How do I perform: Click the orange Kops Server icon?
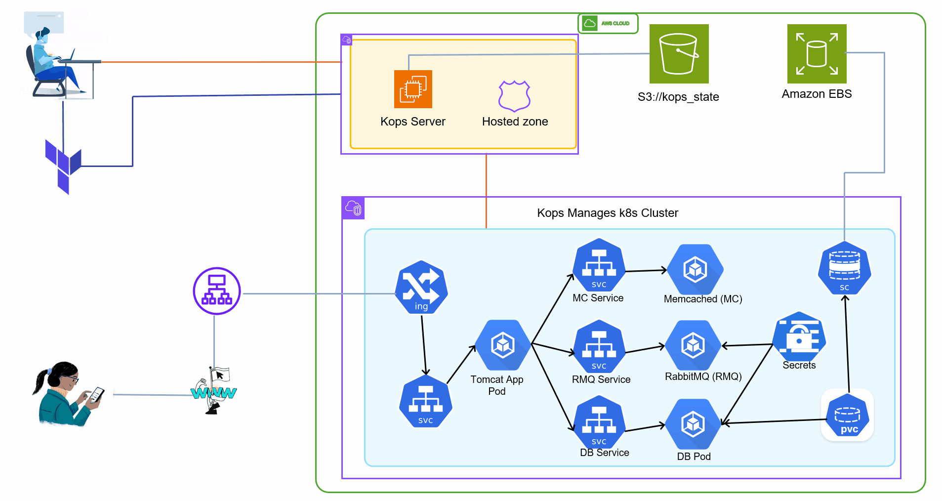tap(413, 89)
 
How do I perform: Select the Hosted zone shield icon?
tap(514, 96)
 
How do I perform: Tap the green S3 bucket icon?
tap(679, 54)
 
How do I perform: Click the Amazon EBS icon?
tap(817, 54)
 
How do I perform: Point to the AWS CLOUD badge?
tap(608, 23)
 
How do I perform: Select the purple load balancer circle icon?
tap(217, 291)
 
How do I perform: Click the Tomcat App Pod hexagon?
tap(503, 345)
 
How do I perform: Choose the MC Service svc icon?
tap(599, 265)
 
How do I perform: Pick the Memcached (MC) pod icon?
tap(695, 270)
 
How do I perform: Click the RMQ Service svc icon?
tap(599, 346)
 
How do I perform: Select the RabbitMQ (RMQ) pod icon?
tap(693, 345)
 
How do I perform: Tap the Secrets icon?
tap(799, 337)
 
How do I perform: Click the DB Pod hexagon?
tap(693, 424)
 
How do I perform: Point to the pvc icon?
tap(847, 416)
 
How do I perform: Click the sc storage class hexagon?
tap(844, 268)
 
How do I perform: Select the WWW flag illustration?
tap(214, 391)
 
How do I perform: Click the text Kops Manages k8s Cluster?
tap(607, 213)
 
